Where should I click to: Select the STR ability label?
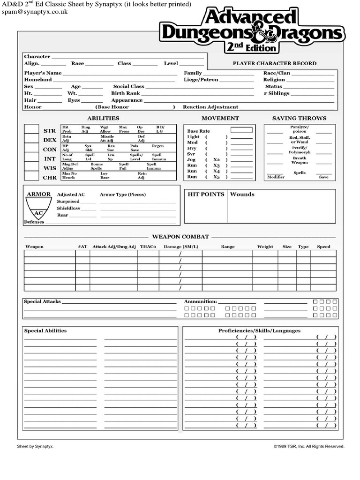coord(50,131)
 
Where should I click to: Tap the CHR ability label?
coord(50,178)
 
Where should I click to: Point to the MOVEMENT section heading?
coord(220,118)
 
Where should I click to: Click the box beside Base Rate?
coord(241,130)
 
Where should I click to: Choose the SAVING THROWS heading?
coord(299,118)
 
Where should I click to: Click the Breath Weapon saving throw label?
coord(300,160)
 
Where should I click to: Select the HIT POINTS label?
coord(206,194)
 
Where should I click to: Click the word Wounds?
coord(242,194)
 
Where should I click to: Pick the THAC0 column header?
coord(148,247)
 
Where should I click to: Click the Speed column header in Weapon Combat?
coord(323,247)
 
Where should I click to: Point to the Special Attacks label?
coord(42,301)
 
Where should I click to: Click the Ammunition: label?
coord(200,301)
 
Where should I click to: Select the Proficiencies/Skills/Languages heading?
coord(259,330)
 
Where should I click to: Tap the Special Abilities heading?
coord(45,330)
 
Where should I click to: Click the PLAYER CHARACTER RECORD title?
coord(274,63)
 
